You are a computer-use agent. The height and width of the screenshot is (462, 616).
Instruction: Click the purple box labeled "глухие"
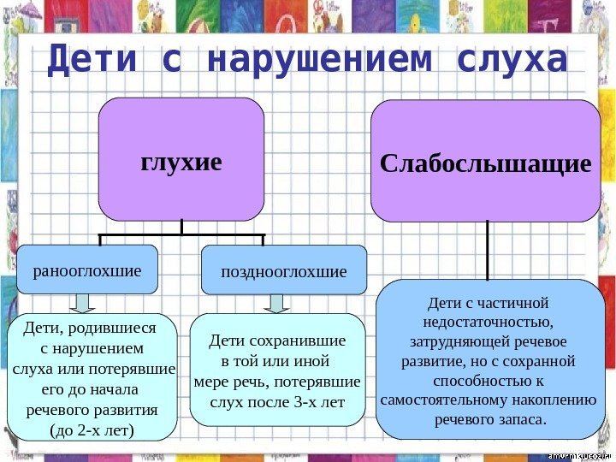pos(181,160)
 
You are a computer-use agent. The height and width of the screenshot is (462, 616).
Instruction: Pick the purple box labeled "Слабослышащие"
pos(485,162)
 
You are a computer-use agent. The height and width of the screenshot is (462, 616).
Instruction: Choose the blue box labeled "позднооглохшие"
pos(283,271)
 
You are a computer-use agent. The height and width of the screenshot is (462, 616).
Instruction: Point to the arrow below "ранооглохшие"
pos(83,304)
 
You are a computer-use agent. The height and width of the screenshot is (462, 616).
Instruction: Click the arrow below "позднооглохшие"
pos(275,304)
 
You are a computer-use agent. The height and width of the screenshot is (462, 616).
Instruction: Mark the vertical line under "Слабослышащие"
pos(488,250)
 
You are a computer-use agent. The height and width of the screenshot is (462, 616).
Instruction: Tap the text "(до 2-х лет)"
pos(92,429)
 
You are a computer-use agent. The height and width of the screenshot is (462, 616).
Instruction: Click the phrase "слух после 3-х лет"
pos(277,400)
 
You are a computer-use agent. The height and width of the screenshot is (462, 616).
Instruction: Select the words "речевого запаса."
pos(490,419)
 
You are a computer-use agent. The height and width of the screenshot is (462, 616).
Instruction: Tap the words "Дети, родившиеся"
pos(91,328)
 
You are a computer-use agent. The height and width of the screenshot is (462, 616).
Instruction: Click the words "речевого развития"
pos(92,409)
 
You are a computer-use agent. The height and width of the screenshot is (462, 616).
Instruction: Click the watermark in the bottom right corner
pos(577,452)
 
